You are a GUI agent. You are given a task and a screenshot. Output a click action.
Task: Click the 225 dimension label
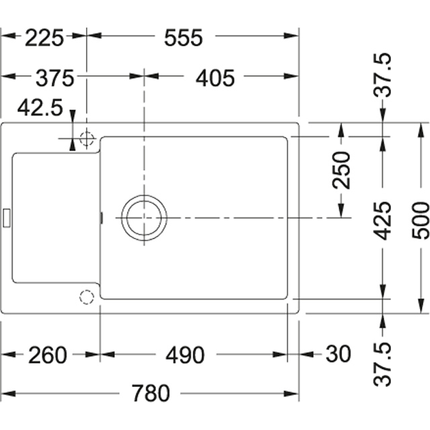point(44,38)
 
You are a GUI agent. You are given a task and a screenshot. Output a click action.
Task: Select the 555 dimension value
point(183,38)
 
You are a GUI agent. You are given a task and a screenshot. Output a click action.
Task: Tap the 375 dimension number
point(55,78)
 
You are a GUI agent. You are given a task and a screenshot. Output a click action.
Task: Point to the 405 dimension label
point(215,78)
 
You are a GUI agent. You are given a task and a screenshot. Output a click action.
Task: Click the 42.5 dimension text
point(40,107)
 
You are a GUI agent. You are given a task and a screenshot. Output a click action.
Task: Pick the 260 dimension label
point(48,355)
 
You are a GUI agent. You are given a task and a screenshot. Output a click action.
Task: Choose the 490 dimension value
point(185,355)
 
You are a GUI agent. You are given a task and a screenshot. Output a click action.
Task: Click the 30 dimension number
point(338,354)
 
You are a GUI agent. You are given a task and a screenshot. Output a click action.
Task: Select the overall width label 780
point(150,393)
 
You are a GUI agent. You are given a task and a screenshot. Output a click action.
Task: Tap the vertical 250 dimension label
point(341,170)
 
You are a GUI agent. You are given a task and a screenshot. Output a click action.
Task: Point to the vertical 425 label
point(383,221)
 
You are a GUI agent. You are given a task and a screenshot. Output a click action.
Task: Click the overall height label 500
point(421,220)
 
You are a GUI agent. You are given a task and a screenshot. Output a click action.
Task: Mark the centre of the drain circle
point(144,218)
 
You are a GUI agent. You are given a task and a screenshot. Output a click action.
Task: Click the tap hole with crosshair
point(87,138)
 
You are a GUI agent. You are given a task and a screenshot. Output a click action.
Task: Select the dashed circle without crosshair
point(87,297)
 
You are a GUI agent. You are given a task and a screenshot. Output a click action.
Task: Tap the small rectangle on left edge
point(7,218)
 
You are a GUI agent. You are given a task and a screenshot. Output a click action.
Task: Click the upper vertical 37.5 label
point(383,75)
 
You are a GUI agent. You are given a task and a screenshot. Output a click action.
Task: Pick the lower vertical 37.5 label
point(383,364)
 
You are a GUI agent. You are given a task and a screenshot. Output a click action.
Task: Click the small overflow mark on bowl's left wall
point(101,218)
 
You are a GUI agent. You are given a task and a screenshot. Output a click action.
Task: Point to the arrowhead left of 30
point(306,354)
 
